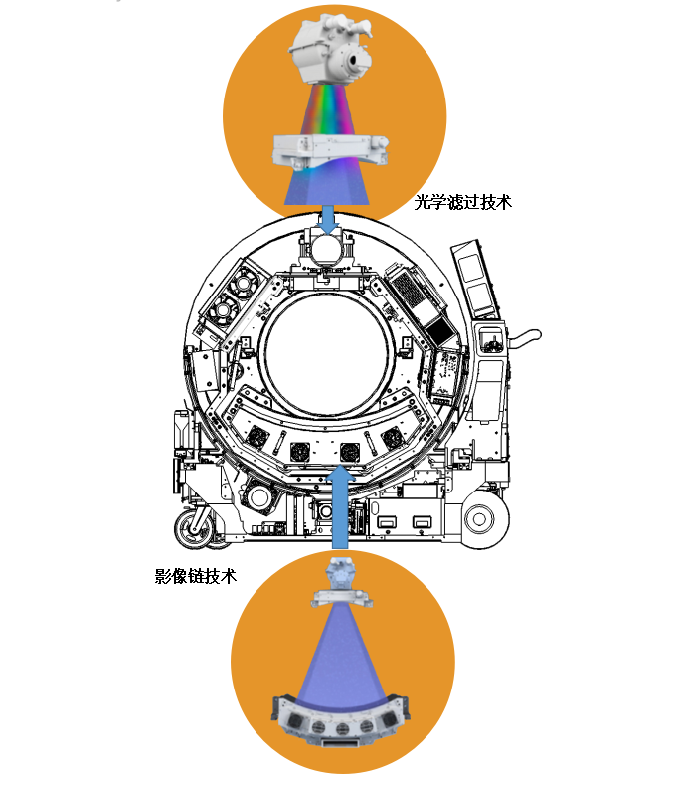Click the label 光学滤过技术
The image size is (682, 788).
(x=462, y=203)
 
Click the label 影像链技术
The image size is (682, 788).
(x=196, y=576)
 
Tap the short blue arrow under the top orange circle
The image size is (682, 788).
(x=328, y=219)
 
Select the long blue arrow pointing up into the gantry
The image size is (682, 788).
(x=340, y=507)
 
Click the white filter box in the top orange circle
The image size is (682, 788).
(x=329, y=150)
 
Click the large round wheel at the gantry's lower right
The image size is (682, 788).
(x=480, y=518)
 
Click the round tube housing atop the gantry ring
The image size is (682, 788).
(x=328, y=249)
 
